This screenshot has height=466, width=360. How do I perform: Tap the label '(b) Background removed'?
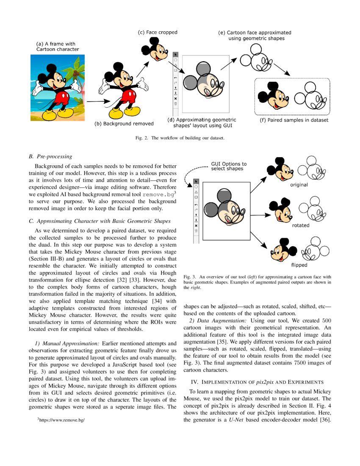(124, 124)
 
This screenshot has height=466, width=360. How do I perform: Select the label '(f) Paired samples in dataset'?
(294, 120)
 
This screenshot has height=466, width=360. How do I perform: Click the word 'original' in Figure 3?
(299, 185)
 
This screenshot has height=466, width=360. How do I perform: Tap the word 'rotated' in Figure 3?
(301, 225)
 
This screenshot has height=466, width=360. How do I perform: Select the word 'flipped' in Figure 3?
(299, 265)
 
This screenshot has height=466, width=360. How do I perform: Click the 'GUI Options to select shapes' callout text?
(229, 166)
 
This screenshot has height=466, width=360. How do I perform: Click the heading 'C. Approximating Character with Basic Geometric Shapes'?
(100, 221)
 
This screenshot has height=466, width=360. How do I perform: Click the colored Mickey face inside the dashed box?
(272, 96)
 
